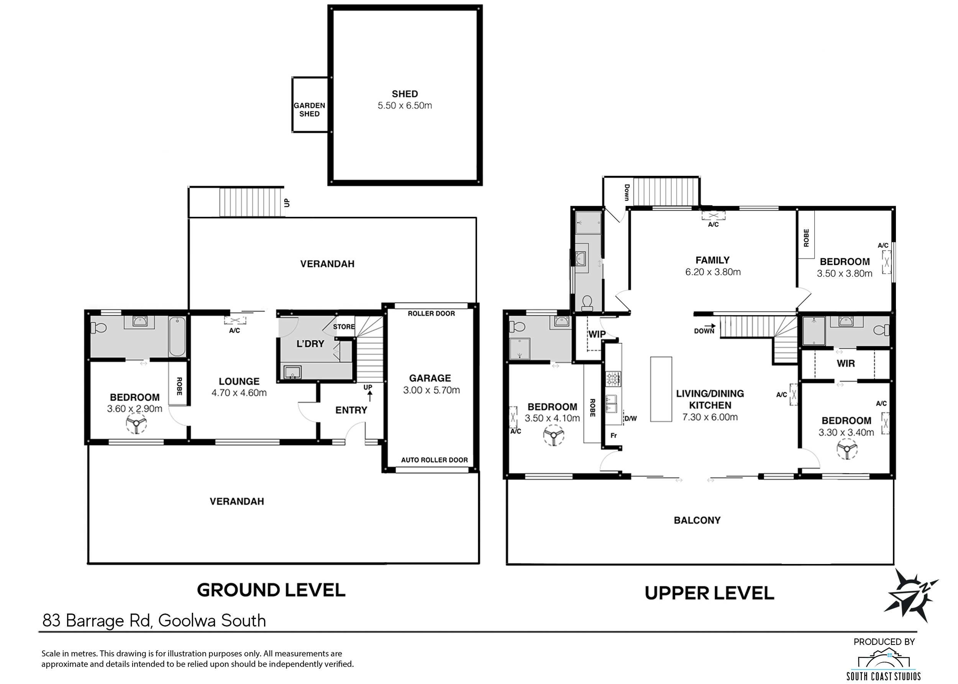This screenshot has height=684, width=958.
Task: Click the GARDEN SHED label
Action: [x=309, y=110]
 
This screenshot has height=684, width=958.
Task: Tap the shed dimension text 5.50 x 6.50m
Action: [x=405, y=106]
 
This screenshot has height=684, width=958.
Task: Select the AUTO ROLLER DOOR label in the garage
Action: [x=434, y=460]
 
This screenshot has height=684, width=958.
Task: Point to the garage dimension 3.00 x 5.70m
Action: [x=431, y=390]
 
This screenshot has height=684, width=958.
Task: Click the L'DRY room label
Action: [x=310, y=344]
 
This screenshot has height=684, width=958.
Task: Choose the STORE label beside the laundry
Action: [x=344, y=326]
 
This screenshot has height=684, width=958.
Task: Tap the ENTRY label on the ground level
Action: [x=351, y=410]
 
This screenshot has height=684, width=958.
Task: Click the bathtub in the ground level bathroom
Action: [x=177, y=337]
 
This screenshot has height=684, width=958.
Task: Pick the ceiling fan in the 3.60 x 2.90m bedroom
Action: [x=136, y=423]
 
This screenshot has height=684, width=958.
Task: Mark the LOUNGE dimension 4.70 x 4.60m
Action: [x=239, y=393]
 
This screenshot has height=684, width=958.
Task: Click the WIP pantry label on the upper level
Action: [x=597, y=334]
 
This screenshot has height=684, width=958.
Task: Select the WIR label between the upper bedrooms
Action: [x=845, y=363]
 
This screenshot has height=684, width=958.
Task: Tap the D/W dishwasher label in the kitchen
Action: [x=630, y=419]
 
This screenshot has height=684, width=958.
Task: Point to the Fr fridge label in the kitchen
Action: [x=614, y=435]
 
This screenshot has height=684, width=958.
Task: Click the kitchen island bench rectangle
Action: [x=661, y=389]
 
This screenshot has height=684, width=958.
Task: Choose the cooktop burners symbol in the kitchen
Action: [x=614, y=379]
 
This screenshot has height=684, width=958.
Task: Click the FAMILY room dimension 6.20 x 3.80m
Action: [x=713, y=272]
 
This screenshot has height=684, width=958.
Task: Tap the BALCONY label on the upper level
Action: [x=697, y=520]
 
